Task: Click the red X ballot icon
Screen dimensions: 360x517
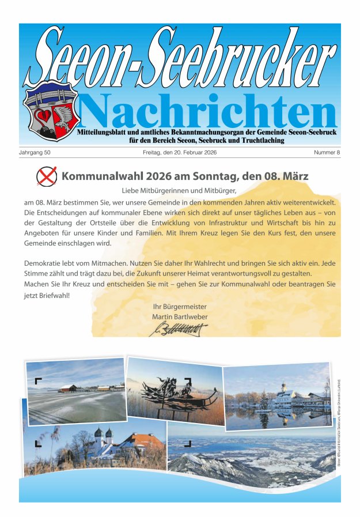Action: (46, 176)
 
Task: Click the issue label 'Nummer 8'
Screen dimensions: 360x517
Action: (327, 152)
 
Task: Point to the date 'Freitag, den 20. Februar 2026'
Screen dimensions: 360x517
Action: (180, 152)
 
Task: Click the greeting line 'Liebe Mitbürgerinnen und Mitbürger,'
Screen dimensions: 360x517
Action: (179, 190)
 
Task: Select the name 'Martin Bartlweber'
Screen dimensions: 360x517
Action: (180, 317)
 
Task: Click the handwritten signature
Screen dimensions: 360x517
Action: (178, 330)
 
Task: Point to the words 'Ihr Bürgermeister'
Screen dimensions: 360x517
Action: (180, 307)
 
